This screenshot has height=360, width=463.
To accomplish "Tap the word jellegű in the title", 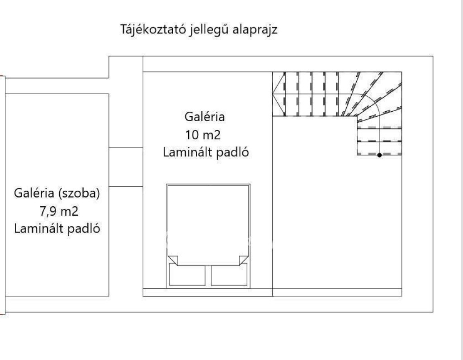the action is (x=209, y=30).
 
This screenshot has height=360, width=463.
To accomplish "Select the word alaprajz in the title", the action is (x=255, y=30).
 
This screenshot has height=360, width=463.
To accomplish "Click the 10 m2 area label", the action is (x=203, y=135).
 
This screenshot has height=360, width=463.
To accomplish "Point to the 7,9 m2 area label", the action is (x=59, y=212).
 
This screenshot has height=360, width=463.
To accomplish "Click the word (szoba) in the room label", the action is (x=79, y=194).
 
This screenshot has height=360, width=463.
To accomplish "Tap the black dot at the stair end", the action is (x=379, y=155).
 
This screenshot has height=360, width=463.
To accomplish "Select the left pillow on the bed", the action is (x=187, y=275).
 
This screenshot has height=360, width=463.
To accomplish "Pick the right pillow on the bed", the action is (x=229, y=275).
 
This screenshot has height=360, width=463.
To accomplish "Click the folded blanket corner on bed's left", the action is (x=173, y=260).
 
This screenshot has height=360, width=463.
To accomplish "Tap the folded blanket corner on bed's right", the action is (x=244, y=260).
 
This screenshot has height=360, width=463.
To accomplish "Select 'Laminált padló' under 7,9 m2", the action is (x=57, y=229).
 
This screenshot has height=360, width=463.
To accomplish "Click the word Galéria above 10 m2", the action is (x=205, y=117).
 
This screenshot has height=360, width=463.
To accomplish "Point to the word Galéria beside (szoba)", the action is (x=34, y=194).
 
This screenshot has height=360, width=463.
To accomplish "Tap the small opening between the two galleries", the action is (x=126, y=167).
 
